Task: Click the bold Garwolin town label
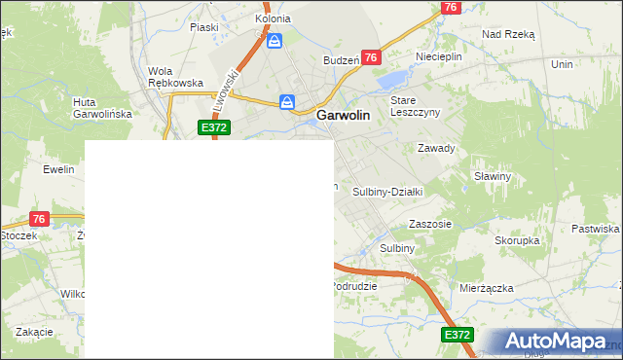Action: pyautogui.click(x=343, y=115)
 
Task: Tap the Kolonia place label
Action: pyautogui.click(x=273, y=18)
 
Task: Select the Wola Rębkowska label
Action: pyautogui.click(x=175, y=77)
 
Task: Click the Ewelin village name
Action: pyautogui.click(x=58, y=169)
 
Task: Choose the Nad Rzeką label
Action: pyautogui.click(x=508, y=33)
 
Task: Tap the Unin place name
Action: pyautogui.click(x=562, y=63)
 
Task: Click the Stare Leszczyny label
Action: pyautogui.click(x=416, y=106)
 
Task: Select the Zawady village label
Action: pyautogui.click(x=436, y=148)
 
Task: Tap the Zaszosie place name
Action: pyautogui.click(x=430, y=223)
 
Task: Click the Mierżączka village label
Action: pyautogui.click(x=487, y=288)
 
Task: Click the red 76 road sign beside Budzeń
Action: pyautogui.click(x=370, y=58)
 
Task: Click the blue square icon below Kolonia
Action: pyautogui.click(x=275, y=41)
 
